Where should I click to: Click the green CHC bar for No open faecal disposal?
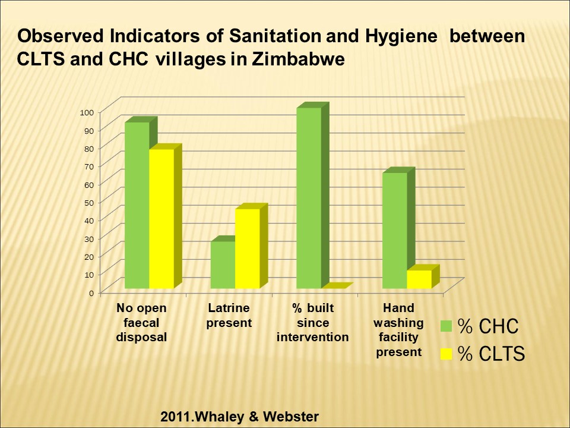point(137,205)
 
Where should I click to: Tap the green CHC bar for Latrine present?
point(223,265)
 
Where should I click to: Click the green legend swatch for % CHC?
point(446,326)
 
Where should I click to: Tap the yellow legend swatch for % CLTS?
point(446,354)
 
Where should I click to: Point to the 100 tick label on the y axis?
point(87,112)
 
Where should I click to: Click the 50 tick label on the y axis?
point(89,203)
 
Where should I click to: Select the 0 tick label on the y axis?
point(91,293)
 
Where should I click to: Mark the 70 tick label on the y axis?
point(89,166)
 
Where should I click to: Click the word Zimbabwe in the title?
point(298,59)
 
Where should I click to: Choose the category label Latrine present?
point(229,315)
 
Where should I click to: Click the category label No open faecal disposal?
point(141,322)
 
